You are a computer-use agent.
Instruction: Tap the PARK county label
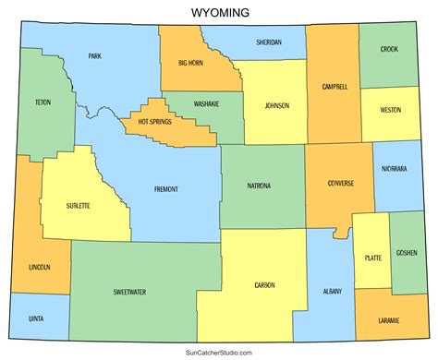tap(94, 56)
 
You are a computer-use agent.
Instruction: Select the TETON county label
tap(43, 102)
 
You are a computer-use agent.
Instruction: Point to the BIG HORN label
tap(191, 63)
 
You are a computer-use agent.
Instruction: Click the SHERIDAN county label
tap(269, 42)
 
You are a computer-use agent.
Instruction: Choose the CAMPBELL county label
tap(335, 87)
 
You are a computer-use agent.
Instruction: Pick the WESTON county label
tap(390, 110)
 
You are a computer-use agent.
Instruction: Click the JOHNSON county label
tap(277, 104)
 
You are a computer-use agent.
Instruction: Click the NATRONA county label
tap(259, 186)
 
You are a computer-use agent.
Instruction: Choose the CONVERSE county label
tap(341, 183)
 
